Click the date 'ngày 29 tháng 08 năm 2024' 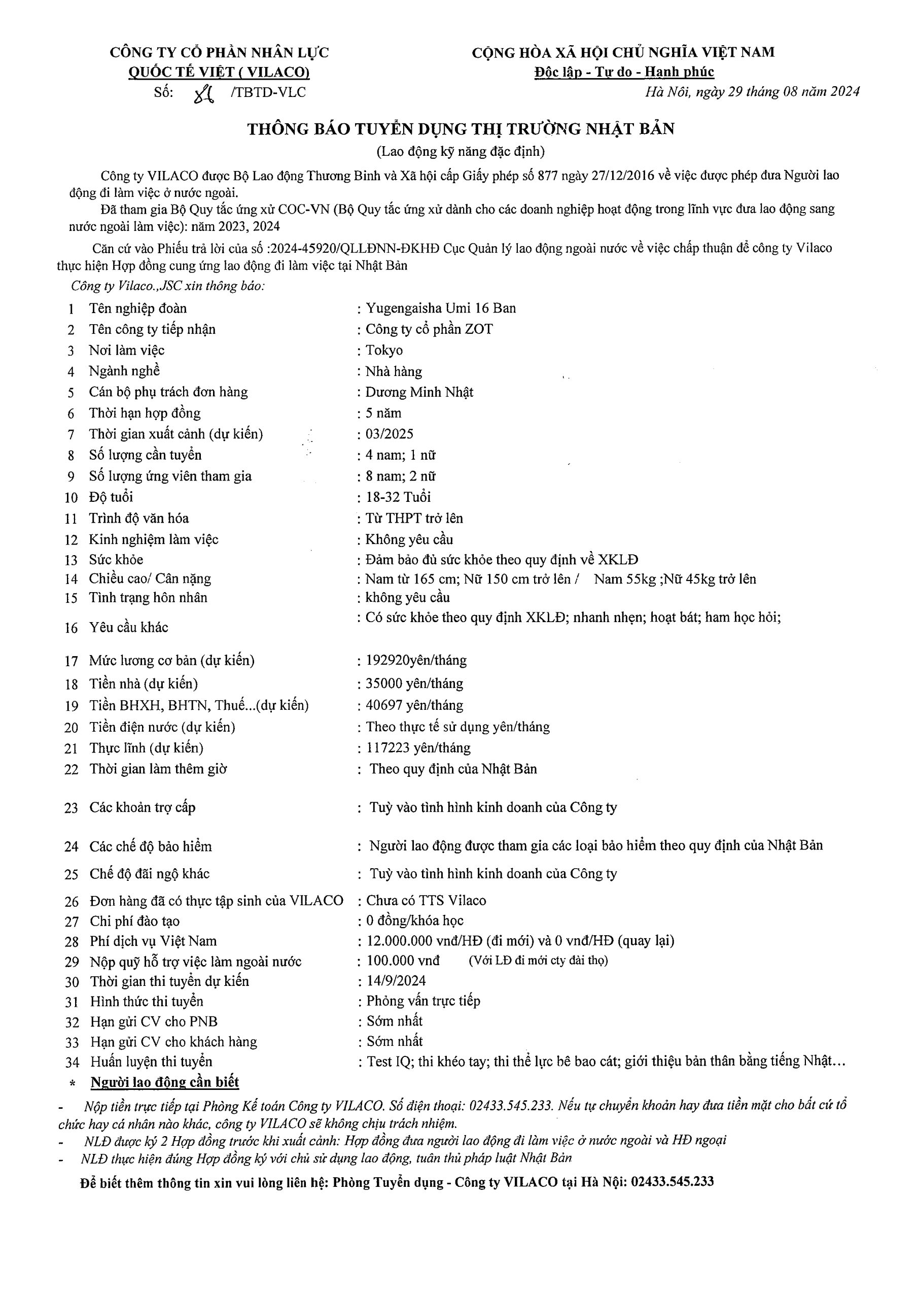tap(777, 92)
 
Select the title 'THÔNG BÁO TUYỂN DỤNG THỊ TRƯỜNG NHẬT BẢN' tap(461, 129)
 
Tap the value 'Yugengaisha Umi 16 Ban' tap(441, 309)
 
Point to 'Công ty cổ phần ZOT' tap(429, 329)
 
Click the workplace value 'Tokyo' tap(384, 350)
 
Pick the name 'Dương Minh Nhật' tap(419, 392)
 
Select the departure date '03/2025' tap(389, 434)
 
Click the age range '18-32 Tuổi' tap(398, 497)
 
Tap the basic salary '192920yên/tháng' tap(416, 660)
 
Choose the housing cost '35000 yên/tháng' tap(414, 683)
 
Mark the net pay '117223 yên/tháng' tap(418, 748)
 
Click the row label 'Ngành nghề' tap(124, 371)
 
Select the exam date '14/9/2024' tap(397, 980)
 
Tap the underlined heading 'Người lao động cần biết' tap(165, 1082)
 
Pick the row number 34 tap(72, 1063)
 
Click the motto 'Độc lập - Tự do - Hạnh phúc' tap(624, 72)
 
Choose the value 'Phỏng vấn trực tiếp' tap(423, 1001)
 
